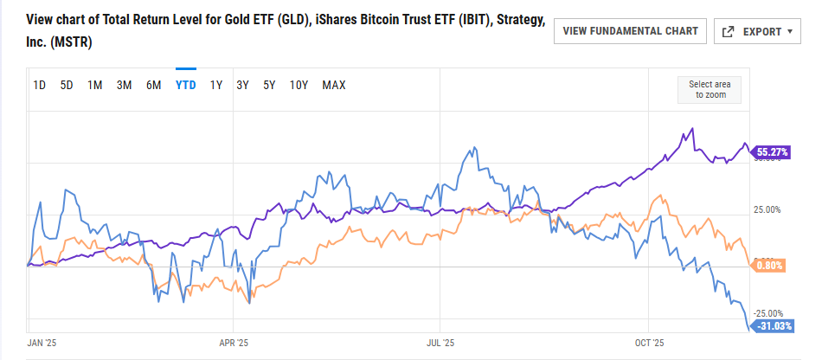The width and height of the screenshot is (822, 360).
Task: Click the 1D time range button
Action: (x=40, y=85)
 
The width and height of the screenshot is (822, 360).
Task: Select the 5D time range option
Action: (x=67, y=85)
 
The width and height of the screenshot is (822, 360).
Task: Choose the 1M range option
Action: (x=95, y=85)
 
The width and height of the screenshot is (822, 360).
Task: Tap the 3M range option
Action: (x=124, y=85)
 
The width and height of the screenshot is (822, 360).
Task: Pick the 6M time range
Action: (x=153, y=85)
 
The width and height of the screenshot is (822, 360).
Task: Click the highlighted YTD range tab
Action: (x=185, y=85)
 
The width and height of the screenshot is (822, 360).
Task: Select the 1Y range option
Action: (x=216, y=85)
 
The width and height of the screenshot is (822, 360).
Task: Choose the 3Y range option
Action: (x=243, y=85)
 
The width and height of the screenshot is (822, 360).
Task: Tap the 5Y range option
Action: (x=269, y=85)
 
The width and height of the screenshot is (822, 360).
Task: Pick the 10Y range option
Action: (x=299, y=85)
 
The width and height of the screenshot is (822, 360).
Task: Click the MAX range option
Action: (x=334, y=85)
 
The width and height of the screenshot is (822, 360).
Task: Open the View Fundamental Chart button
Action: (x=630, y=31)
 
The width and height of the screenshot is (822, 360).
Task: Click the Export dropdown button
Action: (x=757, y=32)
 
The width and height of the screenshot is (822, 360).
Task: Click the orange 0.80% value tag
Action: (x=768, y=265)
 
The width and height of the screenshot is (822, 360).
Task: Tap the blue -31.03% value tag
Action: (x=773, y=326)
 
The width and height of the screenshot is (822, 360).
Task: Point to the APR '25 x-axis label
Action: (x=233, y=343)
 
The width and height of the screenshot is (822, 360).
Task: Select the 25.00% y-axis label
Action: (x=767, y=209)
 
